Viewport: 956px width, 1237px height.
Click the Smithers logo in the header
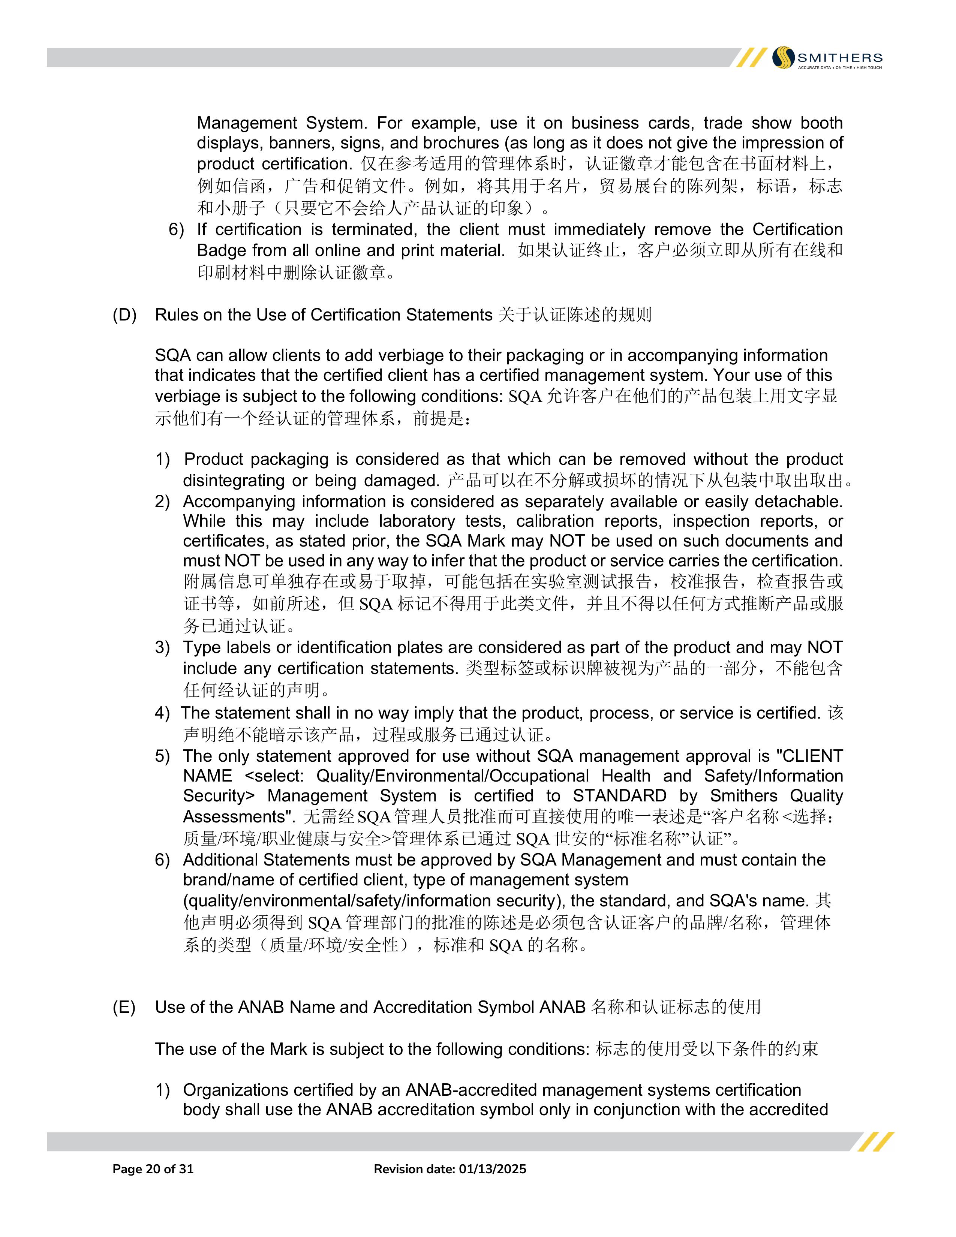pyautogui.click(x=827, y=58)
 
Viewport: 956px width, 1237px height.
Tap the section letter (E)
pyautogui.click(x=124, y=1007)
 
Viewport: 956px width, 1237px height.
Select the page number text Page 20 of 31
pyautogui.click(x=153, y=1169)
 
